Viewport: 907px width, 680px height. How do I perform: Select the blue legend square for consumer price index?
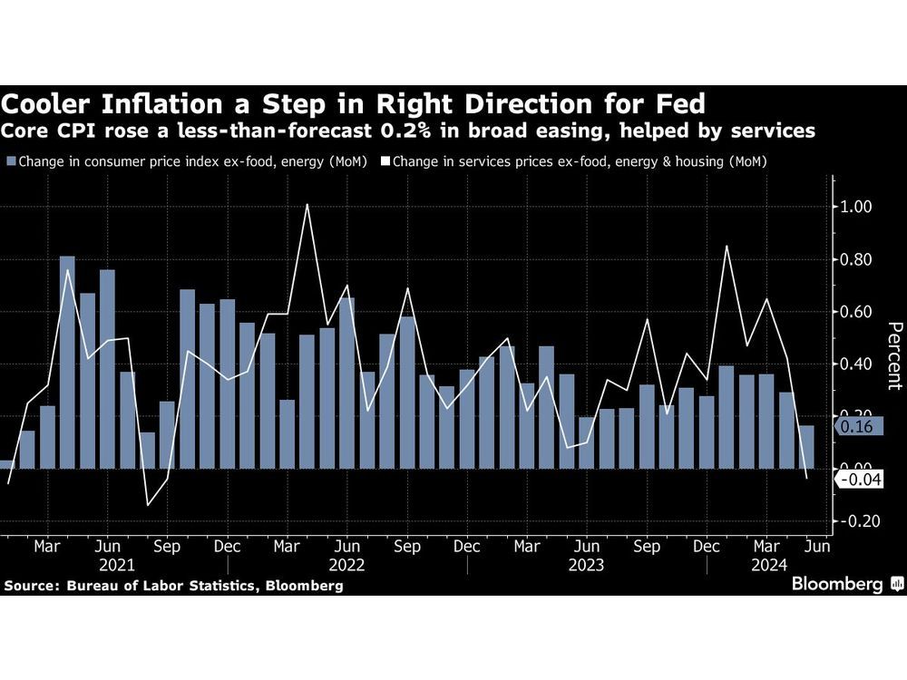click(10, 162)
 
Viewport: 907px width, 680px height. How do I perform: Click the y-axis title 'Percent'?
click(893, 355)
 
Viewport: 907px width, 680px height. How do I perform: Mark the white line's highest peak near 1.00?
click(307, 205)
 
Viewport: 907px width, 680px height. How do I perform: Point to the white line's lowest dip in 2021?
click(148, 505)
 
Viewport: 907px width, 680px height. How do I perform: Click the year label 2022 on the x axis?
click(347, 564)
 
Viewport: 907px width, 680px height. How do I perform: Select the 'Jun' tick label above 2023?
click(587, 547)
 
